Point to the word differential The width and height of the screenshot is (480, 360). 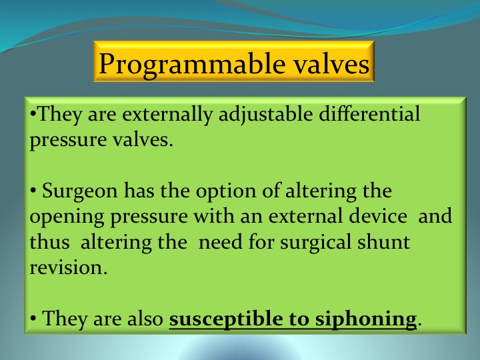click(369, 113)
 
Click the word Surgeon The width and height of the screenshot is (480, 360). click(79, 191)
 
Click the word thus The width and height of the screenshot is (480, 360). click(49, 241)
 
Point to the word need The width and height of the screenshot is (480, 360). click(221, 242)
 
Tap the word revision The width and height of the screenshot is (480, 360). click(68, 267)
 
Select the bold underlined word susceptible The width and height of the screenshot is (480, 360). click(226, 319)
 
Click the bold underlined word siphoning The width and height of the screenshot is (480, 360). click(366, 319)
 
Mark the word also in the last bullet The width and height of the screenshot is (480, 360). click(145, 319)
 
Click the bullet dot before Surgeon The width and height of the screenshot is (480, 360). click(33, 191)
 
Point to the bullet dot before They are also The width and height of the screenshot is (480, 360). click(33, 319)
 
